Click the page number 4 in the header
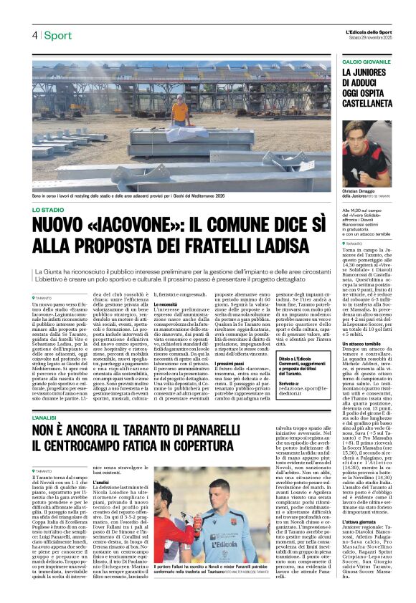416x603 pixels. click(x=34, y=36)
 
